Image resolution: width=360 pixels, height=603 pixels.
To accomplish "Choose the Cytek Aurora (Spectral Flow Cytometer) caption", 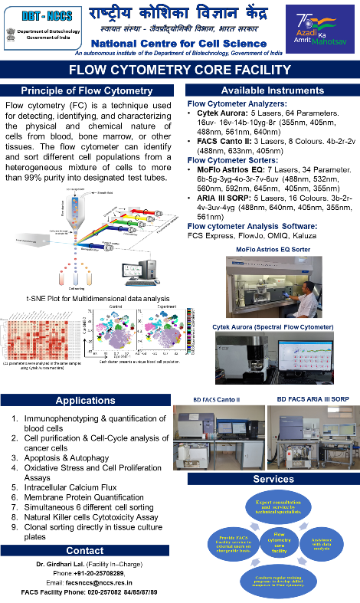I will click(x=273, y=327).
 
